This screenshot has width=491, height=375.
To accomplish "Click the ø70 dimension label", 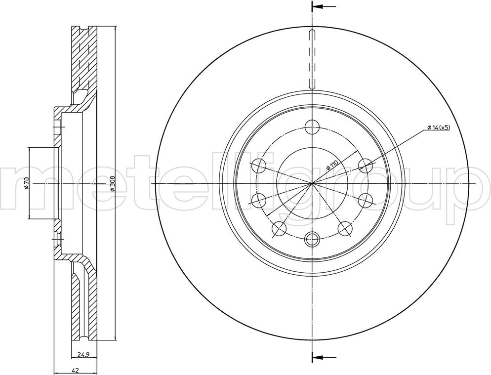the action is (x=26, y=183).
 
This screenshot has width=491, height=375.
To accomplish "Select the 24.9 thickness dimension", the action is (x=82, y=355).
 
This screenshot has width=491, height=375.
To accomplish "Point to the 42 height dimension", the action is (x=75, y=370).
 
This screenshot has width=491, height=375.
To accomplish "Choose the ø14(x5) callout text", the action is (x=438, y=127).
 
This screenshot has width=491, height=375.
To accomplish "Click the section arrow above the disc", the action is (x=324, y=6).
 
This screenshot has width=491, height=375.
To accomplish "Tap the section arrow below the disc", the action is (x=324, y=357).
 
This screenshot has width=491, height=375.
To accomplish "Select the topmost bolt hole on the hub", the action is (x=312, y=127).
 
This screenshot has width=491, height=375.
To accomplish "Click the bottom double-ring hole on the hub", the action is (x=312, y=240).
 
